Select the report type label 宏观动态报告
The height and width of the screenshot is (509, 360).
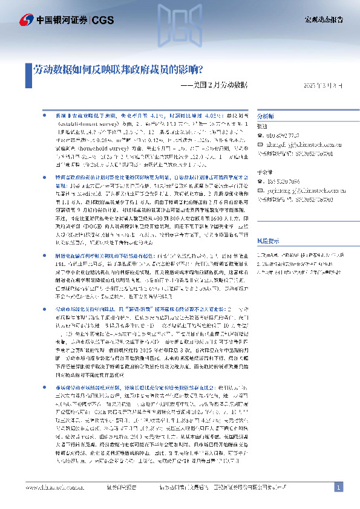point(322,20)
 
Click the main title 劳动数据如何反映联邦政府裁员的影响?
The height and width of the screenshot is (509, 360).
point(119,70)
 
